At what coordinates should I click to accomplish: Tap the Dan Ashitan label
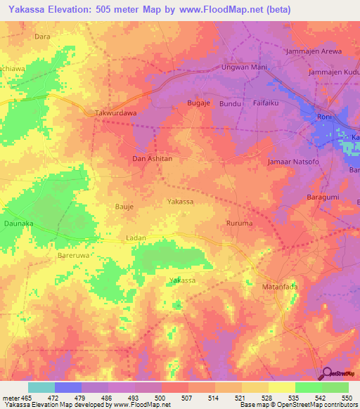point(153,159)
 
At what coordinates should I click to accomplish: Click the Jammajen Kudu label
point(334,72)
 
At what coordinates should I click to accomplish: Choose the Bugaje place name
point(200,103)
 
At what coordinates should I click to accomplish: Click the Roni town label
point(324,117)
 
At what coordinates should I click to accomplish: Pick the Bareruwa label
point(72,257)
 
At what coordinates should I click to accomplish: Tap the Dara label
point(42,35)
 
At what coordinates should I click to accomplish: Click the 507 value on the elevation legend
point(174,398)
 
